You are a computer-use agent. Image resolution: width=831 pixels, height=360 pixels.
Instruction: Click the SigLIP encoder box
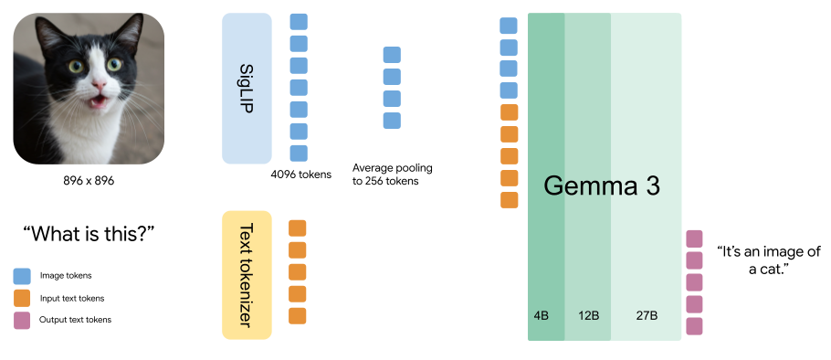tap(247, 89)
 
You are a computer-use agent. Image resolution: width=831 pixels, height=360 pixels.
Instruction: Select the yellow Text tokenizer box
tap(247, 275)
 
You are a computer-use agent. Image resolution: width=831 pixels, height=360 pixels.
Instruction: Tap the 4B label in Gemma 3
tap(542, 316)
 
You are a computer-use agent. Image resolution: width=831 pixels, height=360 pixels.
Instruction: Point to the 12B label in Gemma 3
tap(588, 316)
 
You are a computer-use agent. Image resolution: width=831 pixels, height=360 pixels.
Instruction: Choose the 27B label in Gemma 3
tap(646, 316)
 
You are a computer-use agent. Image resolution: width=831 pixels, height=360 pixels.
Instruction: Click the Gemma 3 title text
tap(602, 185)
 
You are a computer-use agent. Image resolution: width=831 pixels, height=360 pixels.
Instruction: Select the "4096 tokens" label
tap(300, 174)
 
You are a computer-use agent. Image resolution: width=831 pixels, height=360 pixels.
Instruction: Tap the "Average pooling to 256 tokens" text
tap(393, 175)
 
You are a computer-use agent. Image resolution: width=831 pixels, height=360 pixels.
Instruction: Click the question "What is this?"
tap(88, 233)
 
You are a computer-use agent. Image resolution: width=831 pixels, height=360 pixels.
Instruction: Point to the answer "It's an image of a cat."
tap(768, 259)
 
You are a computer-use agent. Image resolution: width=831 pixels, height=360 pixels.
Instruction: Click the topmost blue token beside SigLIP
tap(299, 22)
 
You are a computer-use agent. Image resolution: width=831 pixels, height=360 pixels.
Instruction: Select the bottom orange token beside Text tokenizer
tap(298, 316)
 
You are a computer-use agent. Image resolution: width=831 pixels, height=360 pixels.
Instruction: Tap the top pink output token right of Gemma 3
tap(694, 238)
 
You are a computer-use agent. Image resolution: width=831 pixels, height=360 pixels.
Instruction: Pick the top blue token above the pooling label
tap(392, 55)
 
